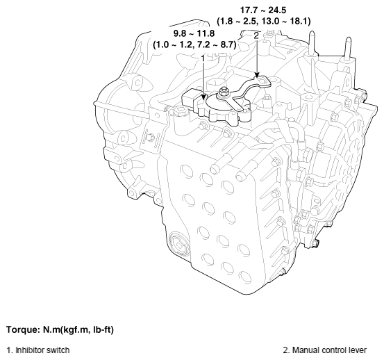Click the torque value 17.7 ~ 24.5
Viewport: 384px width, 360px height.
pos(263,10)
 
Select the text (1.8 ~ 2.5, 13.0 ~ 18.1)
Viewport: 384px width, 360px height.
pos(263,21)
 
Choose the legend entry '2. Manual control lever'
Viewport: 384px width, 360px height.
pos(329,350)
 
